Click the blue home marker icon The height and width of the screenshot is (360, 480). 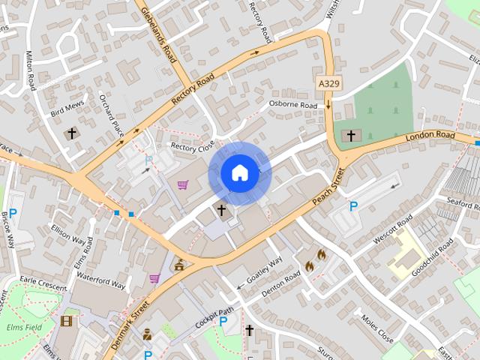coord(239,173)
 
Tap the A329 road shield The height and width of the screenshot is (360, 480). coord(328,83)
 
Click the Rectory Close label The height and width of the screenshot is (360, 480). coord(193,146)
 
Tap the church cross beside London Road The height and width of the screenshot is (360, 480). coord(349,136)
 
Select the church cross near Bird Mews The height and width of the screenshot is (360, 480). coord(72,133)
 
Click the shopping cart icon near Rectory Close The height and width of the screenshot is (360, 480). coord(183,184)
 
